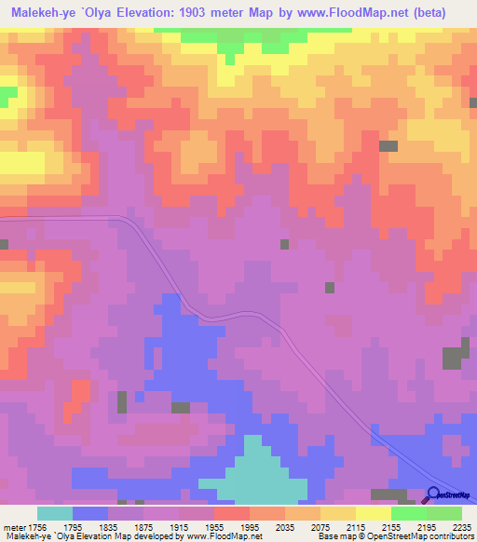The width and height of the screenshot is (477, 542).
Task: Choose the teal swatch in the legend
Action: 54,513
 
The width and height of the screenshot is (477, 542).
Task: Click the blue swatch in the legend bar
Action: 90,513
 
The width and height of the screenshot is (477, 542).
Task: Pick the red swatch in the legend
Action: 232,513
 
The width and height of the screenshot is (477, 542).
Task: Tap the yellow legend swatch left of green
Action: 374,513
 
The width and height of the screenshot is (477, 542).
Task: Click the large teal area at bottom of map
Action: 252,475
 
